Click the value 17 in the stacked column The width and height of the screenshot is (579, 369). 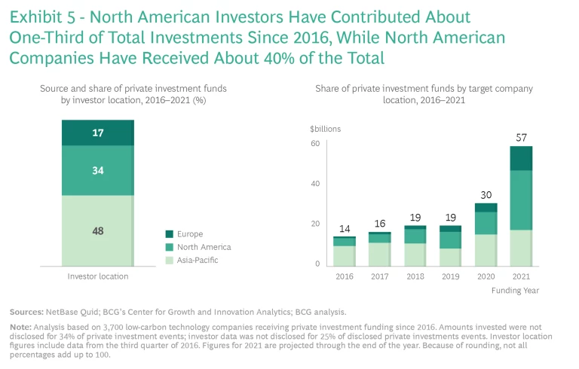(x=97, y=133)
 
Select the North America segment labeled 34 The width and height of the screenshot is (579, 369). (x=97, y=170)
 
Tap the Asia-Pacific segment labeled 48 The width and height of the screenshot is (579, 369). (x=97, y=230)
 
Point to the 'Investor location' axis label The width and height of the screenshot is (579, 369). (x=97, y=276)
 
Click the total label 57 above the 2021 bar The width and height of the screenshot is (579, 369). (x=521, y=139)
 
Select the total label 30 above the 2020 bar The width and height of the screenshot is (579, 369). (x=486, y=195)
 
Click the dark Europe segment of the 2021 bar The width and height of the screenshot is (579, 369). (x=521, y=158)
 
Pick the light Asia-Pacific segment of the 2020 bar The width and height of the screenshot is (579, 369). (x=486, y=250)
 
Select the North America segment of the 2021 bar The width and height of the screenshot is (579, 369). (x=521, y=200)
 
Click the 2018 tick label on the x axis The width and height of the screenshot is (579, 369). (x=415, y=276)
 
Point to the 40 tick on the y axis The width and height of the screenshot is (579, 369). (x=316, y=184)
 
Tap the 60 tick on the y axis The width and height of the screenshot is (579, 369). (x=316, y=143)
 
